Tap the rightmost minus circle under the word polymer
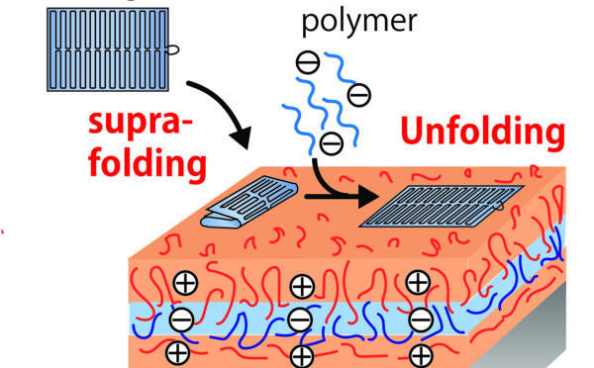(x=359, y=95)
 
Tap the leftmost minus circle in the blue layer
(x=181, y=319)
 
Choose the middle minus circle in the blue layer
(x=301, y=320)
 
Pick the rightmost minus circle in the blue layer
(x=420, y=319)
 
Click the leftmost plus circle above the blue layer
(x=185, y=284)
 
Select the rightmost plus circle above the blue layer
(x=418, y=284)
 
